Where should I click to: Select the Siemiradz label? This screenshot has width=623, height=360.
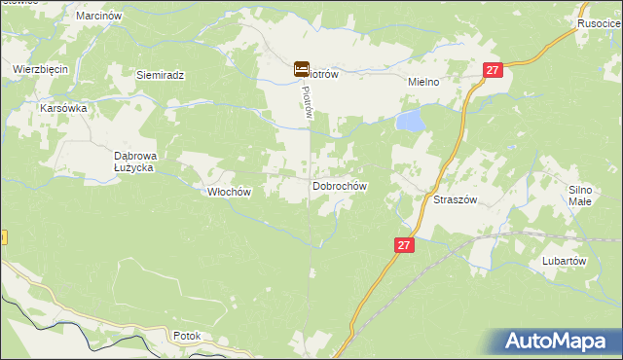pyautogui.click(x=161, y=75)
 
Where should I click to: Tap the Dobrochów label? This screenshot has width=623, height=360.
pyautogui.click(x=339, y=185)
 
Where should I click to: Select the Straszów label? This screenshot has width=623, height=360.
pyautogui.click(x=454, y=198)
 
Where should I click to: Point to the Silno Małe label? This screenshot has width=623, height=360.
pyautogui.click(x=580, y=195)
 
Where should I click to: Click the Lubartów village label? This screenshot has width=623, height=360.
pyautogui.click(x=564, y=261)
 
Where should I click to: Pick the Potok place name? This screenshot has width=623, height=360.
pyautogui.click(x=186, y=336)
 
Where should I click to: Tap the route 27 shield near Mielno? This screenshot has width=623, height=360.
pyautogui.click(x=494, y=70)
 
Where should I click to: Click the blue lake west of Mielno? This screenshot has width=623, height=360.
pyautogui.click(x=410, y=122)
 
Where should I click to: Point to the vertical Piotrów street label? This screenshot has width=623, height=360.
pyautogui.click(x=306, y=100)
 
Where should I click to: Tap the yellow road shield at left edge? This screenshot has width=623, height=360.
pyautogui.click(x=3, y=237)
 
